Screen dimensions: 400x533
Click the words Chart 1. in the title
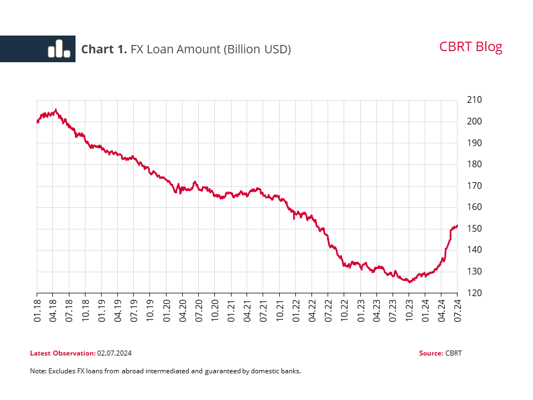(104, 49)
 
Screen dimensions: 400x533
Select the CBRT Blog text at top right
(470, 47)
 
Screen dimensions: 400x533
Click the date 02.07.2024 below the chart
(114, 353)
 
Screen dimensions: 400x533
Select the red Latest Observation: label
(63, 353)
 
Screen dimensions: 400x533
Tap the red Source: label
(431, 353)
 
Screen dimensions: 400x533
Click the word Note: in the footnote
(38, 371)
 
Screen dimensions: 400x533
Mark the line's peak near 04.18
(56, 109)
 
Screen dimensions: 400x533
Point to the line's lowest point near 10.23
(410, 282)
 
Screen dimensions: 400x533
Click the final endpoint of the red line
(457, 226)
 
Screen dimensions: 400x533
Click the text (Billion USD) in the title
(257, 49)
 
